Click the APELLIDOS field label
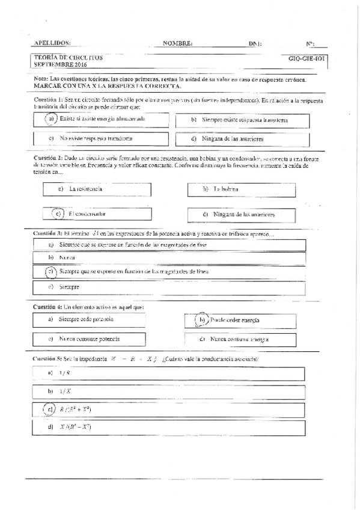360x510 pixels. [52, 43]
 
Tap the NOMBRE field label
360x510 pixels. [177, 44]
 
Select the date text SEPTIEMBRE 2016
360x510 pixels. [61, 64]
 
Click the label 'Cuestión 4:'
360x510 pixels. [47, 307]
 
